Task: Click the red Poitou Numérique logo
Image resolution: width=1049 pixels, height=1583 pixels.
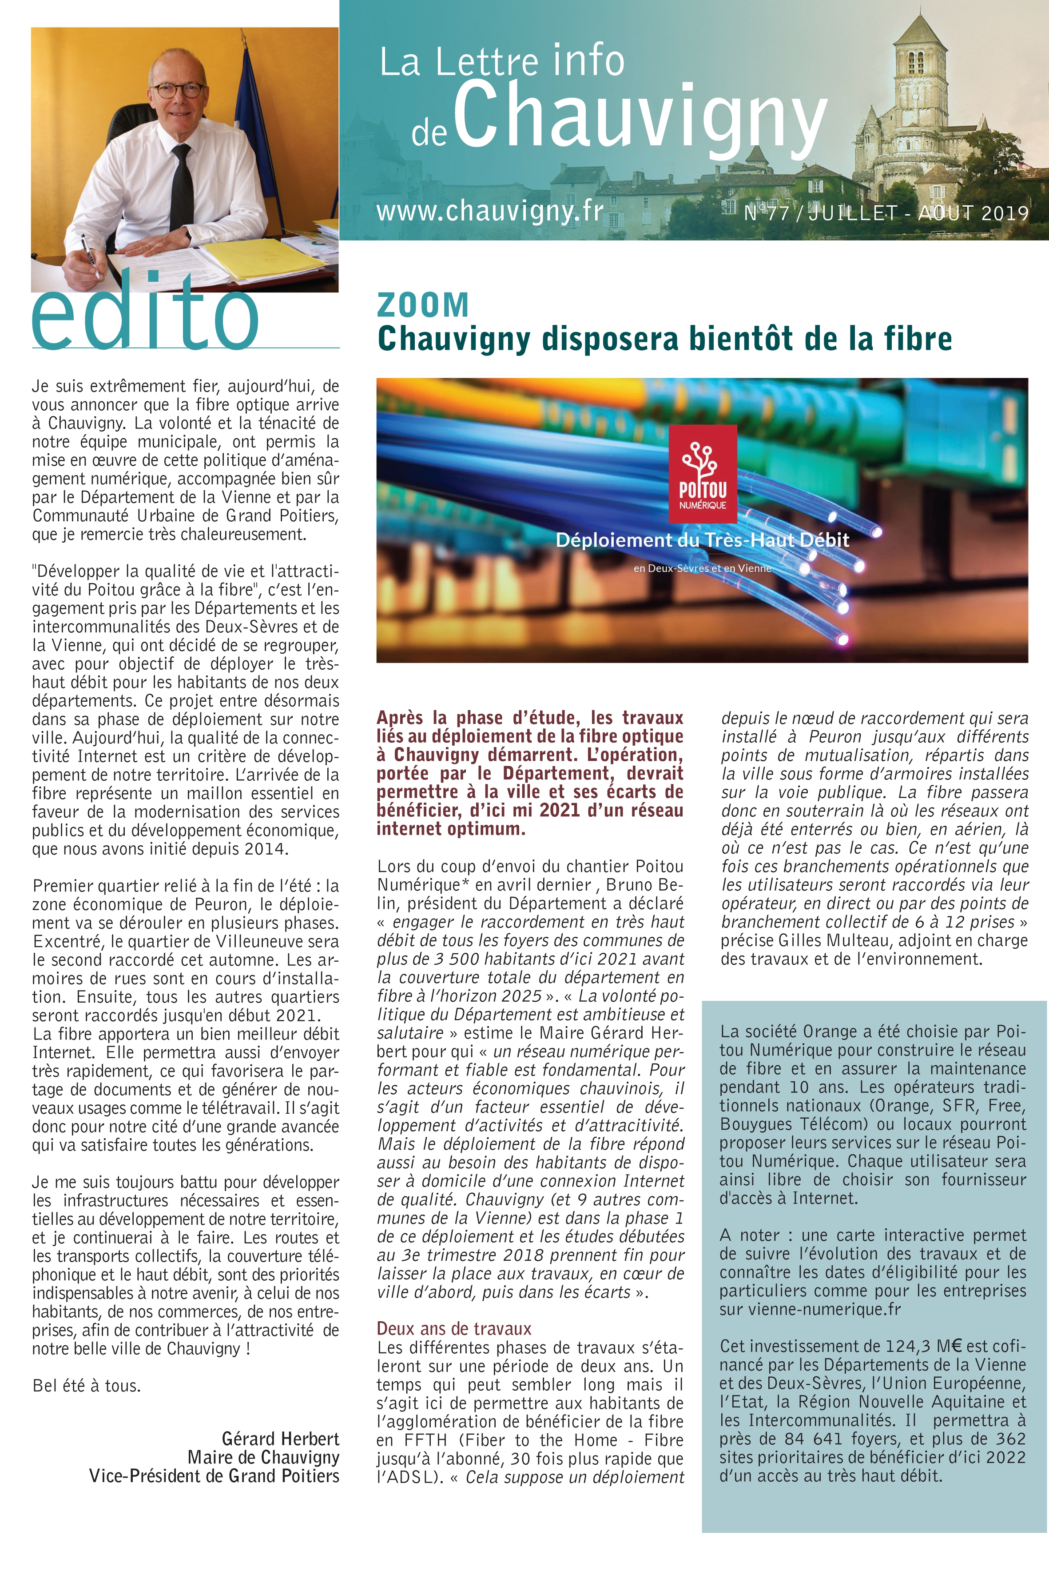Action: pyautogui.click(x=703, y=473)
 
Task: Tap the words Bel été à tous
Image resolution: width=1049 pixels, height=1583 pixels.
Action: pyautogui.click(x=87, y=1385)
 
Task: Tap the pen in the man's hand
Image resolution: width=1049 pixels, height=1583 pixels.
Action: pyautogui.click(x=90, y=254)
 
